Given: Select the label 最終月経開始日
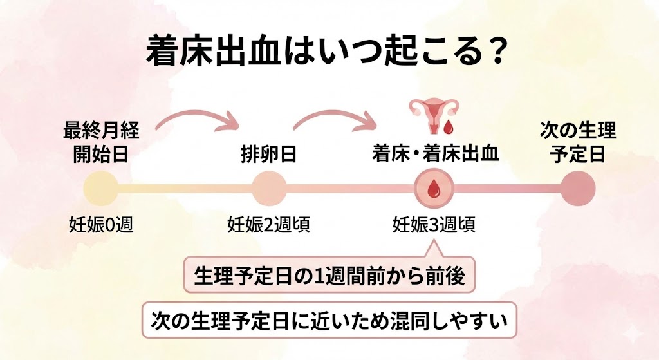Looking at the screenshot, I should (101, 143).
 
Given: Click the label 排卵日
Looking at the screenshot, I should (268, 155).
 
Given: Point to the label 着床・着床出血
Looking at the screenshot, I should (435, 155).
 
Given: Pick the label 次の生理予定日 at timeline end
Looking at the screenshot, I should (577, 143).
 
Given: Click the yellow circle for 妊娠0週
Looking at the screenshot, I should (101, 189).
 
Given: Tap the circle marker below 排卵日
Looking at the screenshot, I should (268, 189).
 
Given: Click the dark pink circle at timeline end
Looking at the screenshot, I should (577, 189).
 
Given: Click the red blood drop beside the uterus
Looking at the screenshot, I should (449, 120).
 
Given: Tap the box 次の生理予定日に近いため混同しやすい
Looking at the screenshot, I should (329, 318).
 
